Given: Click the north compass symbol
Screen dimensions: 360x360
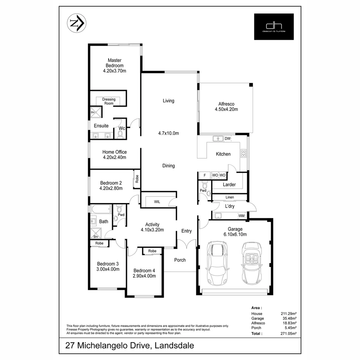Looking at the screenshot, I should click(77, 23).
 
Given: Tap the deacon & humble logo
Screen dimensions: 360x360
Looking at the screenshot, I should click(274, 27).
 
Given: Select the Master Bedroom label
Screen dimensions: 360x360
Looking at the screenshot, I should click(115, 65).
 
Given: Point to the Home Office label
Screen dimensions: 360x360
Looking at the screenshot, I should click(114, 155).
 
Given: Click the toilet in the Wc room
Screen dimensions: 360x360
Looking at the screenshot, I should click(120, 134).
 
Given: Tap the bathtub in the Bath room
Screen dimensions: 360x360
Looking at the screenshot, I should click(101, 210).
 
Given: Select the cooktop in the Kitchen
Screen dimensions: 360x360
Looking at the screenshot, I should click(244, 153).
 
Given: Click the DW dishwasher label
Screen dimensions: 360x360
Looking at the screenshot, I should click(227, 139).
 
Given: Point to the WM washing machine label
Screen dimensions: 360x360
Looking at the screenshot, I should click(241, 216).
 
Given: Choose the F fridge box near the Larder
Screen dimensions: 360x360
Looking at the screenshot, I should click(204, 175).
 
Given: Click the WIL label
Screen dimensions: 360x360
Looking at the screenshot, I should click(157, 202).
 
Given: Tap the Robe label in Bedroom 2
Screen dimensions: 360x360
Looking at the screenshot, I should click(137, 179).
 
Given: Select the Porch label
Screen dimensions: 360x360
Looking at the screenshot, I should click(180, 260).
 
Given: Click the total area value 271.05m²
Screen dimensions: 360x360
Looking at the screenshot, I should click(289, 333).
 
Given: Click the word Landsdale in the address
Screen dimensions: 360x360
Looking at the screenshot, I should click(174, 346).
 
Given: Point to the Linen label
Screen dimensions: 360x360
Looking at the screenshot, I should click(230, 197).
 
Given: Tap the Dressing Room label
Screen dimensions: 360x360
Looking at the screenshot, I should click(109, 101).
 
